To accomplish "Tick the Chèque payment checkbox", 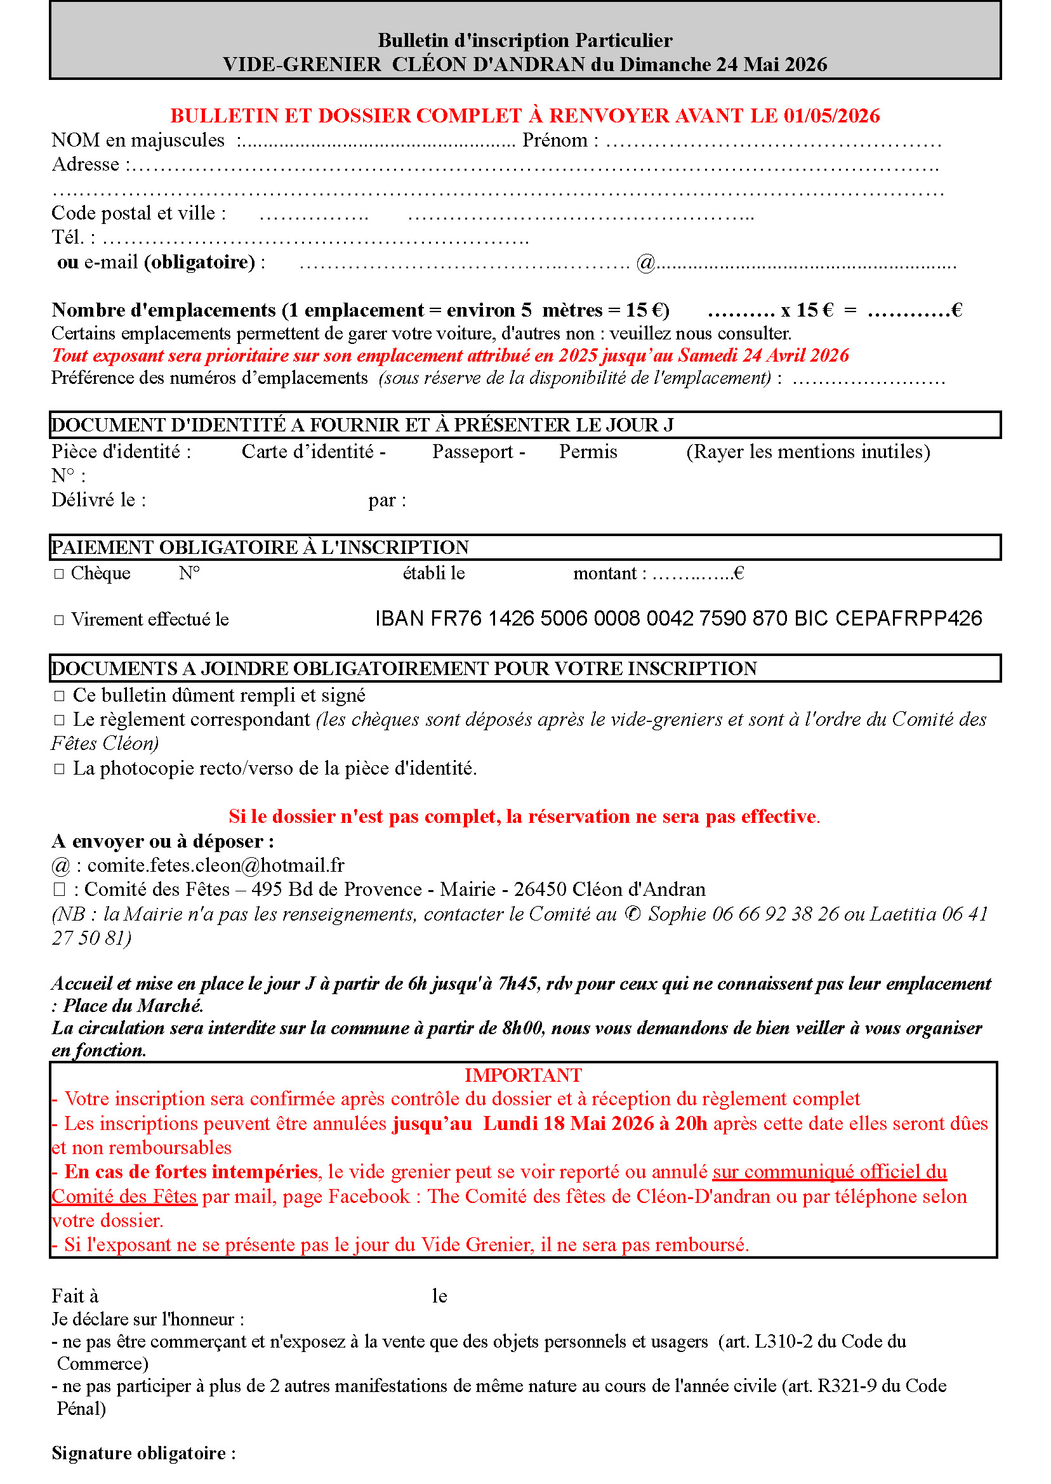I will [59, 574].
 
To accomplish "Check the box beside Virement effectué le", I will [59, 620].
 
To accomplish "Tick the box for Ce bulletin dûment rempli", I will [60, 696].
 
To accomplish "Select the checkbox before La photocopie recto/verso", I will [60, 769].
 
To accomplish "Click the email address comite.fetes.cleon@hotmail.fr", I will [216, 865].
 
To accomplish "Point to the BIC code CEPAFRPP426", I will [908, 619].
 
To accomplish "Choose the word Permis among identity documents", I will [588, 452].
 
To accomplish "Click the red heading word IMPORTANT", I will [523, 1075].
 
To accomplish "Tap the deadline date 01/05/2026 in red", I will [831, 116].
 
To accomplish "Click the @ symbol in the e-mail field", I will [645, 263].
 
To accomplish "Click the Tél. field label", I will [68, 237].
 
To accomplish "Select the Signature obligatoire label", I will [139, 1454].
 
